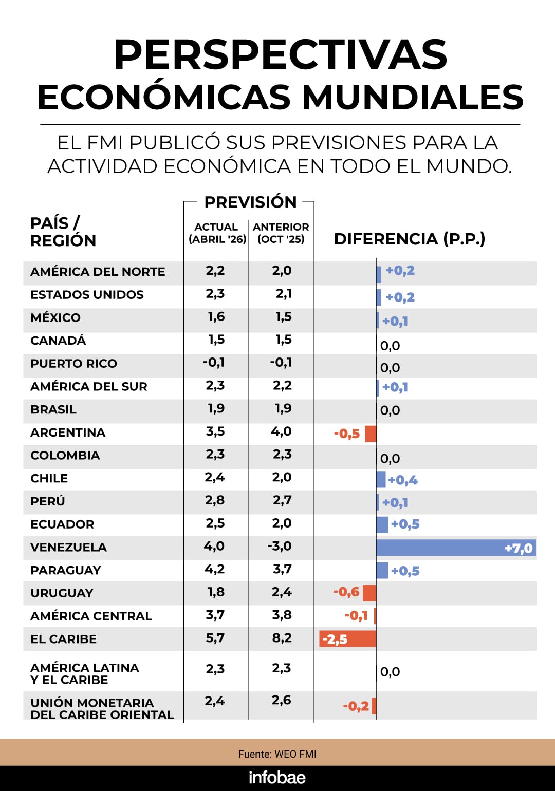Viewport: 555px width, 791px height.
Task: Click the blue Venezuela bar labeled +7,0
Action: click(456, 548)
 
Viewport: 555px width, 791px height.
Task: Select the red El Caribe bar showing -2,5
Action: click(348, 639)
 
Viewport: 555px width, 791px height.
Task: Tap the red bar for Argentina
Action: click(371, 434)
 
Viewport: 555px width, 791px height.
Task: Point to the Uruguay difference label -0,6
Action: click(346, 592)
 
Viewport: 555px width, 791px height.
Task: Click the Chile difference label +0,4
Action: click(402, 480)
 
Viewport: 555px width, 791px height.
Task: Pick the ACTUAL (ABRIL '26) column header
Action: click(217, 233)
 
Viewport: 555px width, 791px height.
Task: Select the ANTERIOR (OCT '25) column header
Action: click(281, 233)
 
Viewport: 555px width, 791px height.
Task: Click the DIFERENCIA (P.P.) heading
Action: click(410, 239)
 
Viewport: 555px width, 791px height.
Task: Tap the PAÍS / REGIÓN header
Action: click(63, 232)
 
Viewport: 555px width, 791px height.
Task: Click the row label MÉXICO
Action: click(55, 317)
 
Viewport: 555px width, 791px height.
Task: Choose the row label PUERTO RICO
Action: click(73, 364)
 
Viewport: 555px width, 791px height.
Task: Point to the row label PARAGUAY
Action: click(66, 570)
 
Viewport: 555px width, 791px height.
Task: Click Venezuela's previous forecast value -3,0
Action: click(280, 546)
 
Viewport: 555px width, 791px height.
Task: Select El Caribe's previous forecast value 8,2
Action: click(282, 638)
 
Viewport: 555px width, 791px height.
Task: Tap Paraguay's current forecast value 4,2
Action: click(214, 569)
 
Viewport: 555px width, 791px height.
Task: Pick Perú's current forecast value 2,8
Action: click(214, 500)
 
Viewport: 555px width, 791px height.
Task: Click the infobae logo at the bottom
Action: click(277, 778)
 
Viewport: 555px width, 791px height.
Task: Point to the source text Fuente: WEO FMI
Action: click(277, 754)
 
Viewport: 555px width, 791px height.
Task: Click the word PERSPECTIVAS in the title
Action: click(280, 54)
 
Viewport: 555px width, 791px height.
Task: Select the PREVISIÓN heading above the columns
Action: click(250, 202)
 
